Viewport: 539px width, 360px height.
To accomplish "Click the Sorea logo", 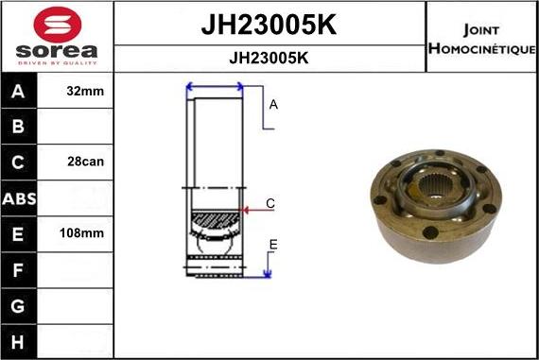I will [57, 36].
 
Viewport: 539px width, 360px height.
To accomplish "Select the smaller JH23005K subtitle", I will [269, 58].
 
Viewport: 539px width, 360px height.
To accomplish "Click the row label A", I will [19, 93].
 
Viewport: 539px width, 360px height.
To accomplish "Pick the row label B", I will [19, 128].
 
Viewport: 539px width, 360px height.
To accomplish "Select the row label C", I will [19, 163].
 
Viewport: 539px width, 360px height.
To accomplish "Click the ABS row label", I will [19, 198].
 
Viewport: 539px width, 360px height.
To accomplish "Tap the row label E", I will [19, 233].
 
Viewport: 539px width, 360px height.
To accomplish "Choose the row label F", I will [19, 269].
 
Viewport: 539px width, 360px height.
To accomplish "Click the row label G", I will [19, 305].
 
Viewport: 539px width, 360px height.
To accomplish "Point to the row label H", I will [19, 340].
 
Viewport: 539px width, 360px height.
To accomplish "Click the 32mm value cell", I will [86, 93].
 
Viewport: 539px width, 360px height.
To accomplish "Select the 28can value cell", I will [86, 163].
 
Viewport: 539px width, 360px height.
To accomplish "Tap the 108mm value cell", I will [86, 233].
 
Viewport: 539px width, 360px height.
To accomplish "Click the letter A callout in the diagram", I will [273, 105].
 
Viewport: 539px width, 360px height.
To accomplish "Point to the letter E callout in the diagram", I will [272, 246].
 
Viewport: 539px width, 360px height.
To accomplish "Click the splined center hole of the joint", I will [435, 186].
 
